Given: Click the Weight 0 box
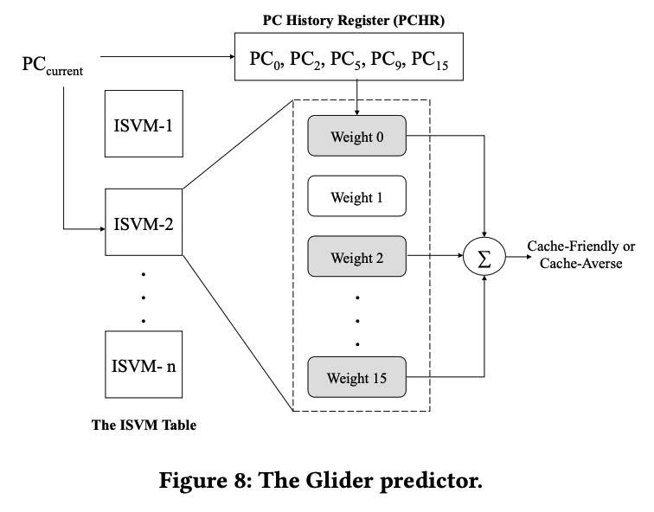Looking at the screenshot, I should pos(356,135).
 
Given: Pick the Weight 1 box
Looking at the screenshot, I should pos(356,197).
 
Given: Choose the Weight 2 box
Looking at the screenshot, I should pos(356,257).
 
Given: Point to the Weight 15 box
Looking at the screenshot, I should pos(356,377).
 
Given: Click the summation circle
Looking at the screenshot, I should pos(484,256).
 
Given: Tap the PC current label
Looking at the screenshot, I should pos(52,66).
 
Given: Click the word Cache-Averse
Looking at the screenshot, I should pos(580,264).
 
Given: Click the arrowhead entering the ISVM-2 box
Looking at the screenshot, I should pos(100,230).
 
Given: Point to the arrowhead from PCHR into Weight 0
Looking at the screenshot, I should pos(356,111).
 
